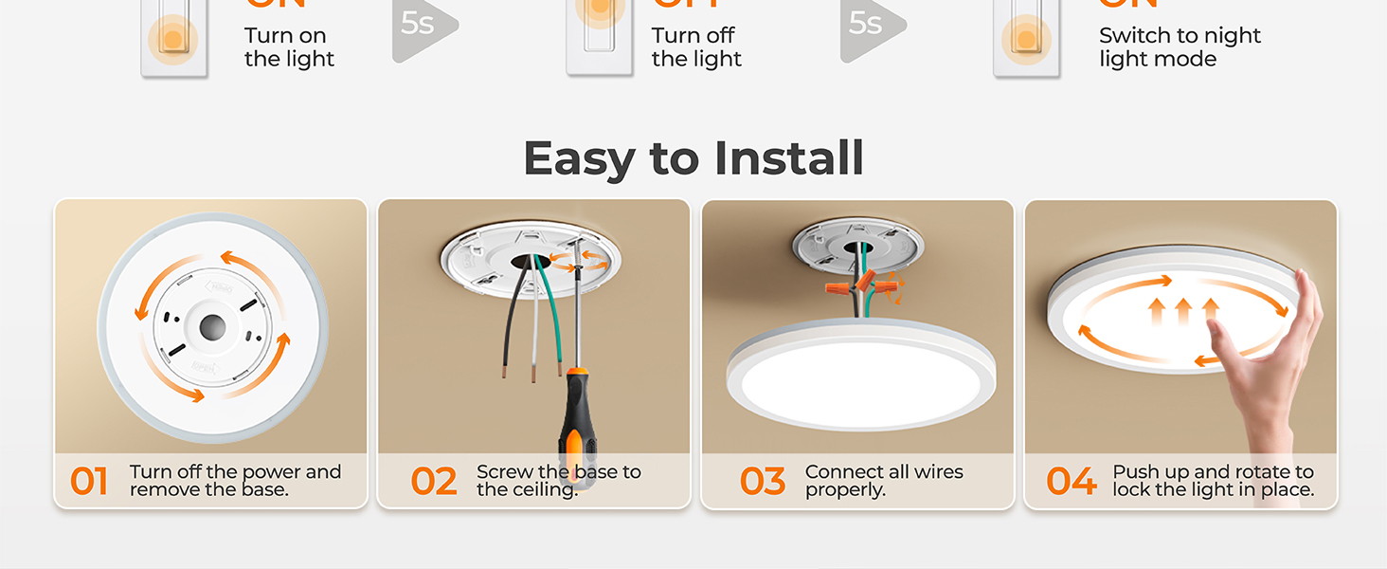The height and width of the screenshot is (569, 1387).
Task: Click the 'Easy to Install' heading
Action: [x=693, y=158]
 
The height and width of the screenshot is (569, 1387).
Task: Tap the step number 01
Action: [x=89, y=482]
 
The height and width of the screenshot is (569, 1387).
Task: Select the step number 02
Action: [x=434, y=482]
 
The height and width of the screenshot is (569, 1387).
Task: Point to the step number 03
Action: [x=763, y=482]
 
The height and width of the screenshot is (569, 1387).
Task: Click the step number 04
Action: [x=1071, y=482]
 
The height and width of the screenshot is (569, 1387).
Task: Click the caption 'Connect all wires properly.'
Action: [x=883, y=481]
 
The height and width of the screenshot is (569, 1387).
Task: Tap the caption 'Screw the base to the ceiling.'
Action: [x=558, y=481]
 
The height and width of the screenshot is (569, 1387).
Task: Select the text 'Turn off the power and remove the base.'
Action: [x=235, y=481]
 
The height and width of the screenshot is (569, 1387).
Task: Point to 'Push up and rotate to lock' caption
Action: [x=1213, y=481]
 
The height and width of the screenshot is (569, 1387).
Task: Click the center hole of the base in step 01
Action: [x=212, y=327]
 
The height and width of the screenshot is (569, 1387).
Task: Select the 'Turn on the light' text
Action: [x=289, y=47]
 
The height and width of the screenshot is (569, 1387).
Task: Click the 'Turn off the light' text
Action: [x=696, y=47]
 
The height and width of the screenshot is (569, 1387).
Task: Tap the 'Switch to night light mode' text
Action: [x=1180, y=47]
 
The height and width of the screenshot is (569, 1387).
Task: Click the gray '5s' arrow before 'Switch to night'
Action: [x=869, y=27]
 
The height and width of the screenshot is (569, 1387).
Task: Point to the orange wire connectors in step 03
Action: [x=857, y=284]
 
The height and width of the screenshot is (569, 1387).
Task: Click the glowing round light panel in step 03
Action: [x=856, y=376]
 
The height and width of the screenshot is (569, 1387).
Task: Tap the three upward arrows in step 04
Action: [x=1182, y=311]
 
